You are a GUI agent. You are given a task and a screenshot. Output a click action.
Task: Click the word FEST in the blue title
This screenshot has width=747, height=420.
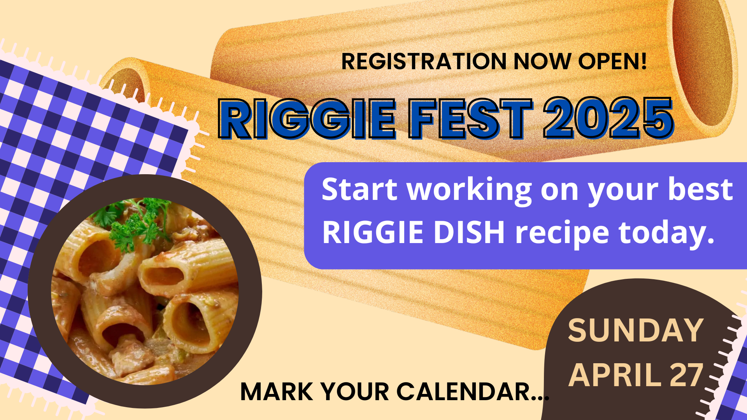470,119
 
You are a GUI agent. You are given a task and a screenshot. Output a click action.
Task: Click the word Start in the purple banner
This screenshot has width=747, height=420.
359,189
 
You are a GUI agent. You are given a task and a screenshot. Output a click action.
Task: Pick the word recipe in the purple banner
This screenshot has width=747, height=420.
562,234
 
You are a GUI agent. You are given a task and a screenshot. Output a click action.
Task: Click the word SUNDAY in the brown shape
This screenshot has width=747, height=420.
636,331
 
